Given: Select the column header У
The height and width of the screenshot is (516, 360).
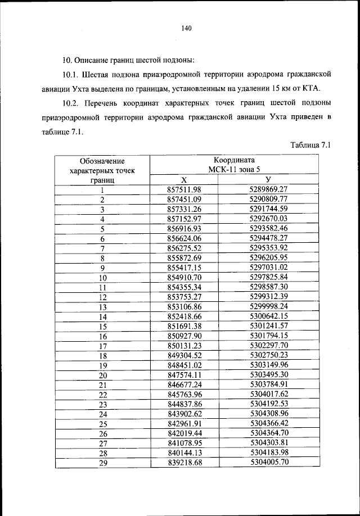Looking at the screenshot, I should click(268, 179).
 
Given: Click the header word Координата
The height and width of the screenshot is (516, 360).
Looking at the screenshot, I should click(235, 160).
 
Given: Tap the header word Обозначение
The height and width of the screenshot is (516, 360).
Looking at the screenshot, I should click(102, 161).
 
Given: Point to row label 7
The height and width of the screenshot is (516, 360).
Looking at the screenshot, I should click(102, 248).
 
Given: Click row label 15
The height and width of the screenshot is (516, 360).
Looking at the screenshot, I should click(102, 327).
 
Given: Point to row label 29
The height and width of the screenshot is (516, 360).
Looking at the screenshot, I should click(102, 463).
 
